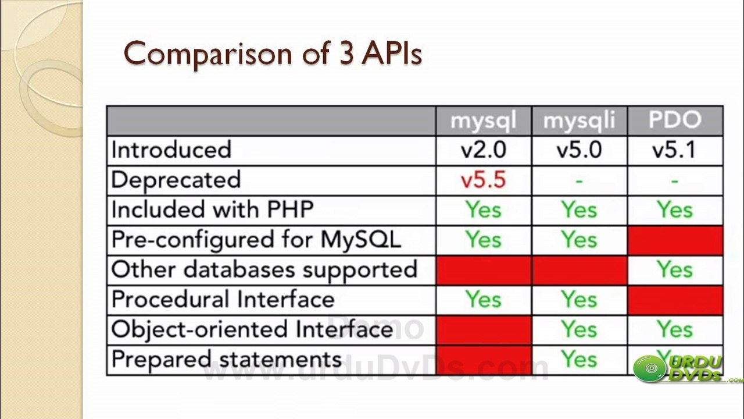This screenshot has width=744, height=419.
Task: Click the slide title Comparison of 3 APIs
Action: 273,54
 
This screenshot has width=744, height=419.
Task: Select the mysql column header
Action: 483,120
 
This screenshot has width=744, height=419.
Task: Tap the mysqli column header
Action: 579,120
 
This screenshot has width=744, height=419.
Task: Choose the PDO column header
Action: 675,120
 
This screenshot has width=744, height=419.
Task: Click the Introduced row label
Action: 171,150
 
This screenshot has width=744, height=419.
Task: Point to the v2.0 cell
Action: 483,150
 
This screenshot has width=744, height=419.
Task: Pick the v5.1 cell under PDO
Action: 675,150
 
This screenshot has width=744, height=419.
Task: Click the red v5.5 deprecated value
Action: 483,180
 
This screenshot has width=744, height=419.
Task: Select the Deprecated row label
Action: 176,180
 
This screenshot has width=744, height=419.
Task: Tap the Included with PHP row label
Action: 212,210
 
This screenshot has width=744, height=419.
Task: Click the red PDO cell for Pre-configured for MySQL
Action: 675,240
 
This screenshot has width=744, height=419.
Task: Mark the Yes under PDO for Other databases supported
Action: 675,270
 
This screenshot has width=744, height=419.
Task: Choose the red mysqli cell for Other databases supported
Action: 579,270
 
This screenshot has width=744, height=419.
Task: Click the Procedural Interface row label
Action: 223,300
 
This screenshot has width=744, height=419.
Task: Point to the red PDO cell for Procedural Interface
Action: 675,300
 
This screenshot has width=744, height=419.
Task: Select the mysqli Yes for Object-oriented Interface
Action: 579,330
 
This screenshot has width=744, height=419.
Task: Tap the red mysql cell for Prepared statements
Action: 483,360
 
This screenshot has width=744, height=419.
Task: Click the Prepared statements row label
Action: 226,360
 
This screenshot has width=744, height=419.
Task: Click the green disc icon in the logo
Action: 650,369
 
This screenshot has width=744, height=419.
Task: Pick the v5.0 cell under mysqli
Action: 579,150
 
